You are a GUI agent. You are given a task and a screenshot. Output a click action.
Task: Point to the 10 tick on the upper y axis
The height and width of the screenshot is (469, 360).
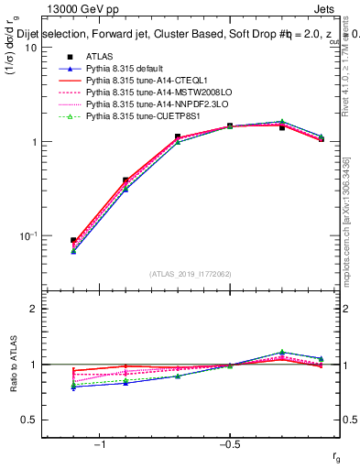click(x=30, y=49)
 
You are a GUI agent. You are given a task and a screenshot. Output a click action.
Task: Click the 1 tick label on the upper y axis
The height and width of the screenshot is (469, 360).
click(x=33, y=143)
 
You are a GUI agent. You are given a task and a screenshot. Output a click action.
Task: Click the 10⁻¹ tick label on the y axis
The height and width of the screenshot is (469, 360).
click(x=27, y=236)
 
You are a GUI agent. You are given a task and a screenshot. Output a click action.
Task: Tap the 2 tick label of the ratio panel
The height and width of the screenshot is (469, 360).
click(x=33, y=310)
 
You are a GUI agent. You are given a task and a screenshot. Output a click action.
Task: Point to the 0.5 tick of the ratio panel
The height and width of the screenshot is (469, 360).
click(x=28, y=420)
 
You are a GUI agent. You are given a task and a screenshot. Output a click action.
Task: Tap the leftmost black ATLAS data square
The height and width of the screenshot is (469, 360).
click(x=73, y=241)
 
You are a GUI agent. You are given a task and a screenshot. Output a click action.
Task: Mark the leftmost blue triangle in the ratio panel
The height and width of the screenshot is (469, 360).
click(x=73, y=387)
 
